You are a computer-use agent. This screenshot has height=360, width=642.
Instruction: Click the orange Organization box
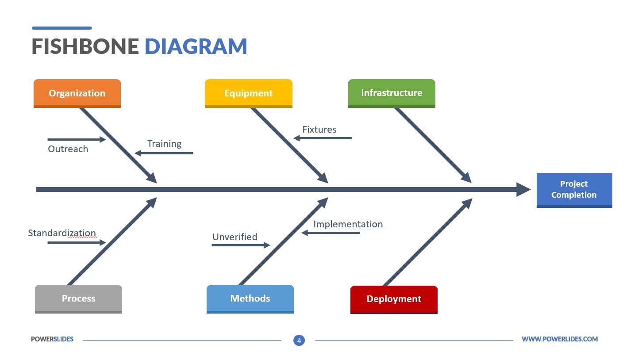[77, 93]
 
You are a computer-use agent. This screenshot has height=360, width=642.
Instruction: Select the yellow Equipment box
[248, 93]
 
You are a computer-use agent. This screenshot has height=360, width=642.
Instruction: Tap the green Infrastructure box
[392, 93]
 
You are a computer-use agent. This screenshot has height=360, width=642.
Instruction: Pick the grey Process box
[78, 299]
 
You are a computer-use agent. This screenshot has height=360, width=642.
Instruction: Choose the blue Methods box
[250, 299]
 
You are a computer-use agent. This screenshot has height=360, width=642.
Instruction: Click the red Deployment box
[394, 299]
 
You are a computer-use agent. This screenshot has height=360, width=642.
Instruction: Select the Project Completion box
[574, 190]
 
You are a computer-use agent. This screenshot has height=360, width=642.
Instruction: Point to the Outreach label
[68, 149]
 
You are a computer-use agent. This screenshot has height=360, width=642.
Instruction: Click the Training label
[164, 144]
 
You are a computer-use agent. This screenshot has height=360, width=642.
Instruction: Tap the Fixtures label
[319, 130]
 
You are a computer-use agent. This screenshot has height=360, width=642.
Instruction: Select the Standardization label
[62, 233]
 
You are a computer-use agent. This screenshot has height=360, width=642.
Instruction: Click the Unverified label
[235, 237]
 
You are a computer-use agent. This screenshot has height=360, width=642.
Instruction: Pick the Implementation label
[348, 224]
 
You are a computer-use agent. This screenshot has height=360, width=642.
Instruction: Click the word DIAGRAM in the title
[196, 46]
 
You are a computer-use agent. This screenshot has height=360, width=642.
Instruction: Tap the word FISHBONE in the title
[85, 46]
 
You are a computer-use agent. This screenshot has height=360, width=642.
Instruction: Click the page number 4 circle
[299, 341]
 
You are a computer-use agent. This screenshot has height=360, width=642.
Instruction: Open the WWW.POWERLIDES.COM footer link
[559, 339]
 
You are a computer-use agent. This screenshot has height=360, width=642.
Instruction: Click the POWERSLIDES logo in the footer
[52, 339]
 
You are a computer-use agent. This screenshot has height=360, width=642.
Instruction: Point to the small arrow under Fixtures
[323, 138]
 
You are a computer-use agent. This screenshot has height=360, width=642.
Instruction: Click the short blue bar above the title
[62, 28]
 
